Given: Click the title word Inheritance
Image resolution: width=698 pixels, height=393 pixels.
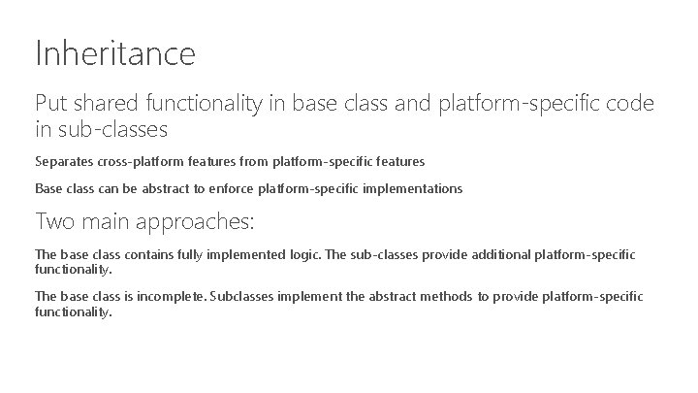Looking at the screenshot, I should [114, 52].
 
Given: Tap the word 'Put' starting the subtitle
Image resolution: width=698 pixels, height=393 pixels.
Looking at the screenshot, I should [50, 104].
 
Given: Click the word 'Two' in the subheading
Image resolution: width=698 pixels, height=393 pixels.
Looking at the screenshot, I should [53, 221].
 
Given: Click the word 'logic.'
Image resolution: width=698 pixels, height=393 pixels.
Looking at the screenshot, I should [300, 254].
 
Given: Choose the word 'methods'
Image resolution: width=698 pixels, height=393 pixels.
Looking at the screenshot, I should [448, 296].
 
